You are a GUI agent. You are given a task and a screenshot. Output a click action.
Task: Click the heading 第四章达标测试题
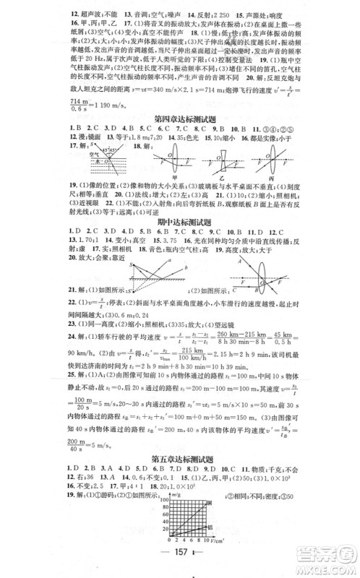click(180, 118)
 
